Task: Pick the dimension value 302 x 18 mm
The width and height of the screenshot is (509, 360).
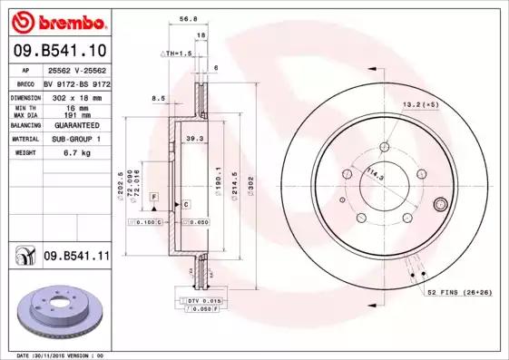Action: pos(75,95)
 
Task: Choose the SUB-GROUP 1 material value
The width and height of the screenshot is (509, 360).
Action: pos(75,139)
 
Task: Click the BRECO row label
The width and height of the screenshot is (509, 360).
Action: pos(25,83)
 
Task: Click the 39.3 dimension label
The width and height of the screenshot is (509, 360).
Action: pos(193,138)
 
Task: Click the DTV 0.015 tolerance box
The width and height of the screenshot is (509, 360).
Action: pos(201,300)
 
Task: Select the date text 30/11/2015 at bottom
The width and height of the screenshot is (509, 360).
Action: pos(68,355)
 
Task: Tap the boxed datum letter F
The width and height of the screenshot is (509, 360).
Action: pos(153,196)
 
